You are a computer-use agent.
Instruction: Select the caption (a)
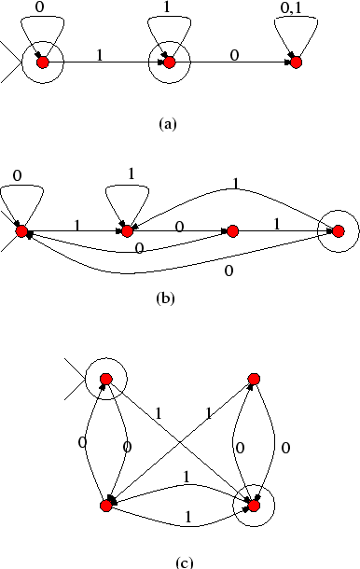tap(168, 122)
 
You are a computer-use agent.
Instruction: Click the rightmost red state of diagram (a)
tap(296, 62)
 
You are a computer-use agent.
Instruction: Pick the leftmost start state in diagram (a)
tap(41, 62)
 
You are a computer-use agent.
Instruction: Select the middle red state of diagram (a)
tap(169, 62)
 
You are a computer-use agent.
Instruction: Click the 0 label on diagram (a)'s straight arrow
tap(234, 54)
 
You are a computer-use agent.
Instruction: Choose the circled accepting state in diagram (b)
tap(338, 230)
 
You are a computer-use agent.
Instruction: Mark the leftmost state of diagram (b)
tap(21, 230)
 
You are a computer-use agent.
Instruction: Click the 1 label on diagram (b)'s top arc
tap(236, 186)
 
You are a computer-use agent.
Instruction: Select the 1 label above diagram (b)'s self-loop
tap(130, 173)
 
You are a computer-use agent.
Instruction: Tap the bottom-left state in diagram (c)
tap(106, 505)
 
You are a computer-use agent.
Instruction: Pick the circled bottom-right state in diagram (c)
tap(253, 505)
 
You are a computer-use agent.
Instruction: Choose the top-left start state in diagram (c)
tap(106, 379)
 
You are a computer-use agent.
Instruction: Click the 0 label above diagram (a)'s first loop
tap(36, 7)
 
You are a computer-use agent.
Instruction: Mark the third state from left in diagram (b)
tap(233, 230)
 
